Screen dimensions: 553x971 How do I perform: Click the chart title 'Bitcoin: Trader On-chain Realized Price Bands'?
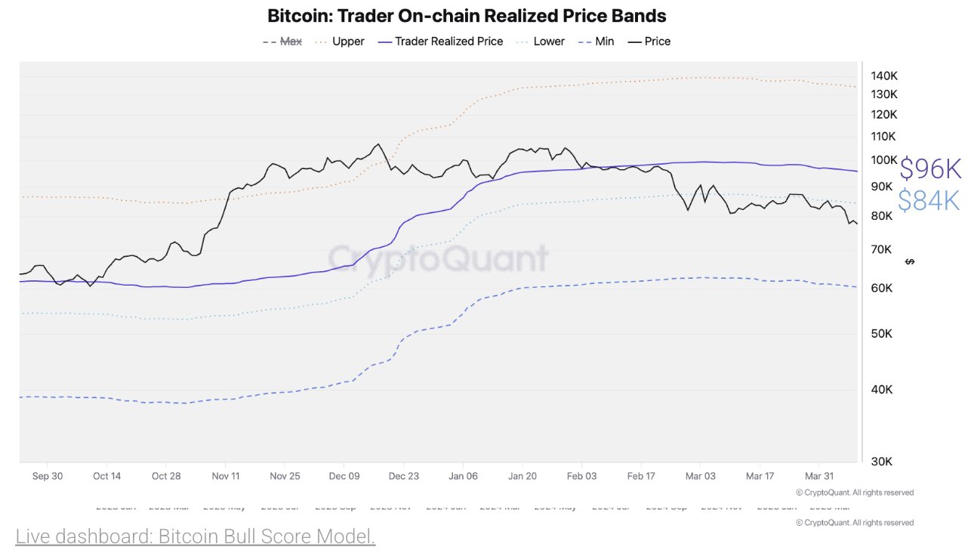(x=467, y=16)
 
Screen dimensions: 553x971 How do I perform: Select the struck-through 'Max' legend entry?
(x=291, y=42)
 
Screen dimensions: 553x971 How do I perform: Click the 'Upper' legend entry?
(x=348, y=42)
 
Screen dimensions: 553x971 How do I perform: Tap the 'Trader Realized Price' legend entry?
(x=449, y=42)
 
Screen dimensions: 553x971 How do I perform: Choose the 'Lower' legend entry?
(x=548, y=42)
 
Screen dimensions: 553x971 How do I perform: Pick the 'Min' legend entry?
(x=604, y=42)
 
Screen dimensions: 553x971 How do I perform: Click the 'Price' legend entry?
(x=657, y=42)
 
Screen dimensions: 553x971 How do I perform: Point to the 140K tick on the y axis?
(x=883, y=76)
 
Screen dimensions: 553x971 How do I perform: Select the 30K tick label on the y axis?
(x=883, y=462)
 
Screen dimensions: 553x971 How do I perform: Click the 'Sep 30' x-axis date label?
(x=47, y=476)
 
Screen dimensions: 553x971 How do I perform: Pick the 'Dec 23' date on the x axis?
(x=403, y=476)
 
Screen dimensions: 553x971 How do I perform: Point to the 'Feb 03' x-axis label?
(x=581, y=476)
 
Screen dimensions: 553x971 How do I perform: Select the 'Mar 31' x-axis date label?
(x=819, y=476)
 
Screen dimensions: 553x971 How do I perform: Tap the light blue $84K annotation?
(x=929, y=200)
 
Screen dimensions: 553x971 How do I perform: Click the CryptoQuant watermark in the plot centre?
(x=438, y=258)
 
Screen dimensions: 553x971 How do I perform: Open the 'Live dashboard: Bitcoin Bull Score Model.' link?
(x=195, y=537)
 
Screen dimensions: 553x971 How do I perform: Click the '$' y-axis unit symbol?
(x=910, y=261)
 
